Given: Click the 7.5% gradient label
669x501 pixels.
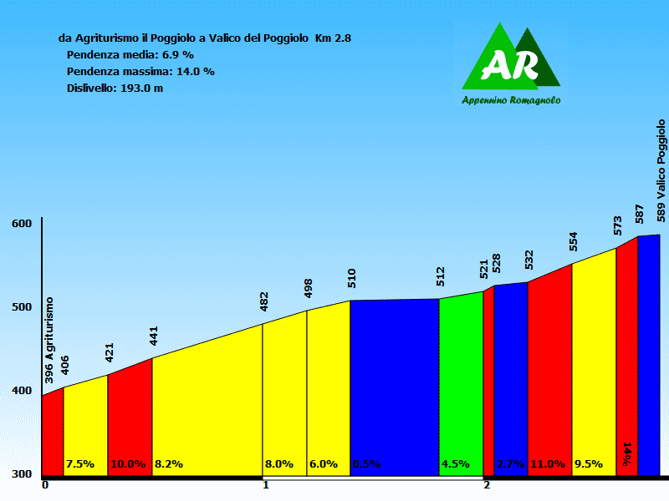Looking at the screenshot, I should pyautogui.click(x=80, y=464).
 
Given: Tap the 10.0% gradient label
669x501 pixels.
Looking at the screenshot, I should pyautogui.click(x=128, y=464).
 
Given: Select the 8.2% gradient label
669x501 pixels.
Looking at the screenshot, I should pyautogui.click(x=168, y=464).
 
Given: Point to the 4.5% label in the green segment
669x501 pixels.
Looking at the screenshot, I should pyautogui.click(x=455, y=464).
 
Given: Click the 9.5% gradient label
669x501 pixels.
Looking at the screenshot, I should pyautogui.click(x=588, y=464).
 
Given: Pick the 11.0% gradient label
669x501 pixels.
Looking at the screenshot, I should pyautogui.click(x=548, y=464).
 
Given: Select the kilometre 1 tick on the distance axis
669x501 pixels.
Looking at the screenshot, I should pyautogui.click(x=265, y=485).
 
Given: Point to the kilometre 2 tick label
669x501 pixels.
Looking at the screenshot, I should pyautogui.click(x=486, y=485).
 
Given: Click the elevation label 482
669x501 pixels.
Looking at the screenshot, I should pyautogui.click(x=264, y=301).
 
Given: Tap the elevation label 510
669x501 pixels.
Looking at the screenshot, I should pyautogui.click(x=352, y=278).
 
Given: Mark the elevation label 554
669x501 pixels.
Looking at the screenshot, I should pyautogui.click(x=573, y=241).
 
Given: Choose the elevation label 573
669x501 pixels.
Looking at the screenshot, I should pyautogui.click(x=617, y=225).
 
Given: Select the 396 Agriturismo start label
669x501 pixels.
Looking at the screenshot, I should pyautogui.click(x=49, y=339).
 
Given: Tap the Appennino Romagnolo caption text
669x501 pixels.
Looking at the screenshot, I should pyautogui.click(x=511, y=100).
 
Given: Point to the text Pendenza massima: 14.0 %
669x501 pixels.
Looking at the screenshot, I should pyautogui.click(x=140, y=71).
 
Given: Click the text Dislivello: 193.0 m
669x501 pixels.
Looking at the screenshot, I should pyautogui.click(x=114, y=88).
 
